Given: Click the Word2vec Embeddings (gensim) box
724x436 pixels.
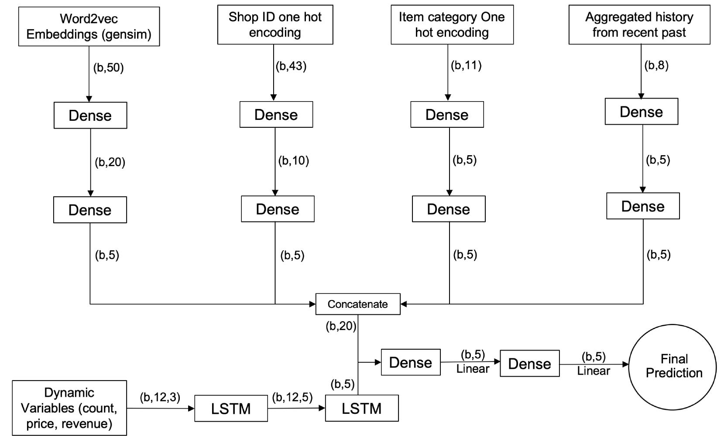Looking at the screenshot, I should tap(89, 27).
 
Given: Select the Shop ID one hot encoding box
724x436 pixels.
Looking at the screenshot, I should tap(275, 25).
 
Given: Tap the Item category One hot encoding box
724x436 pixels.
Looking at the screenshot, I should tap(452, 25).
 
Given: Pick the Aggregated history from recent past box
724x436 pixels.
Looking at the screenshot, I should tap(639, 25).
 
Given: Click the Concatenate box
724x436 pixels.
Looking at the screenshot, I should tap(357, 304).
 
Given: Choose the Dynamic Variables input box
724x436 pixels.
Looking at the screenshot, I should tap(69, 408).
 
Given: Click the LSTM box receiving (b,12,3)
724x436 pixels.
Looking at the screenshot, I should tap(231, 409).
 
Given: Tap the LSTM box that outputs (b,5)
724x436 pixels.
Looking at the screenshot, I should tap(361, 409).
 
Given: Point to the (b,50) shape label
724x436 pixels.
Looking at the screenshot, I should tap(108, 68).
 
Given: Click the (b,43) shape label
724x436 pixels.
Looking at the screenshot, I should tap(291, 66).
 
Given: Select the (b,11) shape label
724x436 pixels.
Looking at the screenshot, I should tap(466, 65).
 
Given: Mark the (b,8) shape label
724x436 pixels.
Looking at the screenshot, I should tap(656, 65).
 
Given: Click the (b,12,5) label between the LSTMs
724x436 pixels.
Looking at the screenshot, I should tap(292, 397).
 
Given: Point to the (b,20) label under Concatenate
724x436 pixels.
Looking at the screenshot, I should tap(341, 326).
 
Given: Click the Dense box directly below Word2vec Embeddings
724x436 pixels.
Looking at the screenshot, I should tap(90, 116).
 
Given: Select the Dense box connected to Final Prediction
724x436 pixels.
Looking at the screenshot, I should tap(529, 364).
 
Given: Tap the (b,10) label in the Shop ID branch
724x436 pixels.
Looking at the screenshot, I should tap(293, 160).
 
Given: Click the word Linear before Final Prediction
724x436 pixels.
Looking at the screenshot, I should tap(593, 371).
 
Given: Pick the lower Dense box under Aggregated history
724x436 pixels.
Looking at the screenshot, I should tap(642, 206).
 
